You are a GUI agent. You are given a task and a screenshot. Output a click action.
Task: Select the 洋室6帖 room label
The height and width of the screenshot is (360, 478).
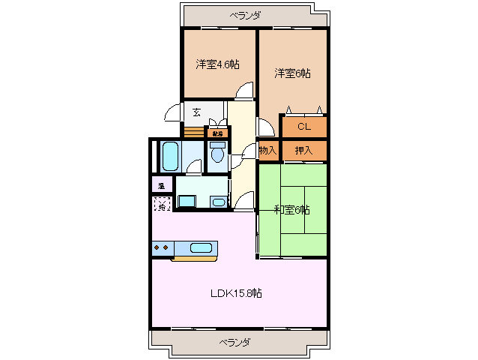point(292,73)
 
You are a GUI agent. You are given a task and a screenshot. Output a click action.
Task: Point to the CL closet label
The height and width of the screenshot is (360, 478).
point(303,126)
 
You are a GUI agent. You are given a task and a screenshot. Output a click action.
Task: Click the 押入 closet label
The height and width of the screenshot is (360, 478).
point(303,150)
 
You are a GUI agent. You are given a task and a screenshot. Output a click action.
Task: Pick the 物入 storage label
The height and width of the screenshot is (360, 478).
point(268,150)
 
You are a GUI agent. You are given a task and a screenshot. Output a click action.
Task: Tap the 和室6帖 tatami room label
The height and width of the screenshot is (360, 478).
point(291,209)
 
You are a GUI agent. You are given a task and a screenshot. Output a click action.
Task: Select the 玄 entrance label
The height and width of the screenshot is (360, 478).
point(196,112)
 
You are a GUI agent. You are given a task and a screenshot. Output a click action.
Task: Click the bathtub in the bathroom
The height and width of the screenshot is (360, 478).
point(169,157)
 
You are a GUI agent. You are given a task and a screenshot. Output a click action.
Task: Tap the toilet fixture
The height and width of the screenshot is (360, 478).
point(217,154)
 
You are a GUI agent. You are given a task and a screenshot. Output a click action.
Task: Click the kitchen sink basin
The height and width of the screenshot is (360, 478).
point(201,247)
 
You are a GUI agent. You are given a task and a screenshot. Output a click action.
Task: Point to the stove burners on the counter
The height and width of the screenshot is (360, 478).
point(161,247)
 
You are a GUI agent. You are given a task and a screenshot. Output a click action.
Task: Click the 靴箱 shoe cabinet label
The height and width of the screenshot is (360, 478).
point(217,133)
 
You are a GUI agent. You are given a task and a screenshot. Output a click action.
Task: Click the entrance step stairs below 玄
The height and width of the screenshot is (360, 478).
point(193,133)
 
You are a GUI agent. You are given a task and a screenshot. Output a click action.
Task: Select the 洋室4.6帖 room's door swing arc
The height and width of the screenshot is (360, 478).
point(244,91)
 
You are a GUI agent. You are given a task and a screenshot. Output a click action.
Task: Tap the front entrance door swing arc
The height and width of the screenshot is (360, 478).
point(173,113)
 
